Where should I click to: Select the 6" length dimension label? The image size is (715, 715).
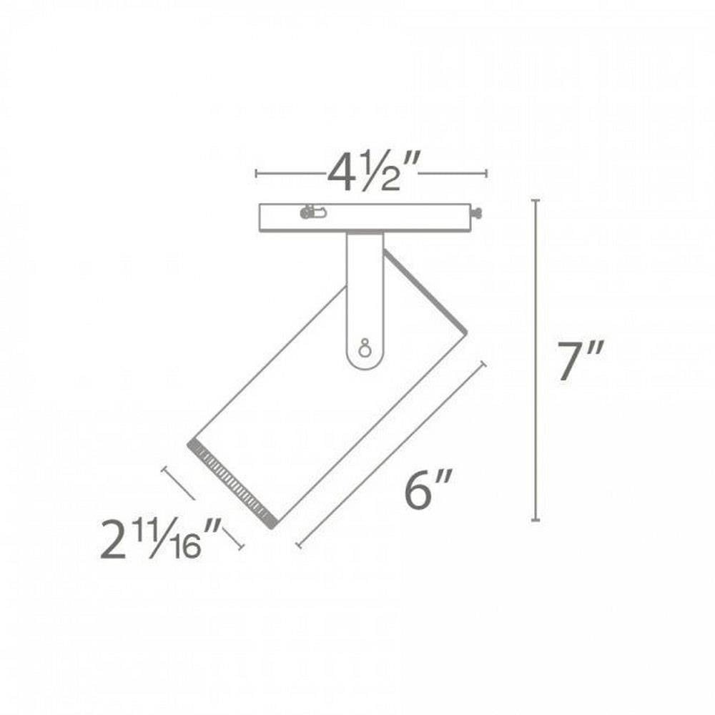(x=428, y=490)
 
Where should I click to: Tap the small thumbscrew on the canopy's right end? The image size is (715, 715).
(x=477, y=212)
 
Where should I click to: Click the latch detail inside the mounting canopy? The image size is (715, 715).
(x=312, y=212)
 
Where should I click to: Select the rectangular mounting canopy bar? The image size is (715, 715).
(x=365, y=217)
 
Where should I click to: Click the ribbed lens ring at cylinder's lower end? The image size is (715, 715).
(x=232, y=483)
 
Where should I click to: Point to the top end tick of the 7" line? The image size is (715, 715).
(x=536, y=200)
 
